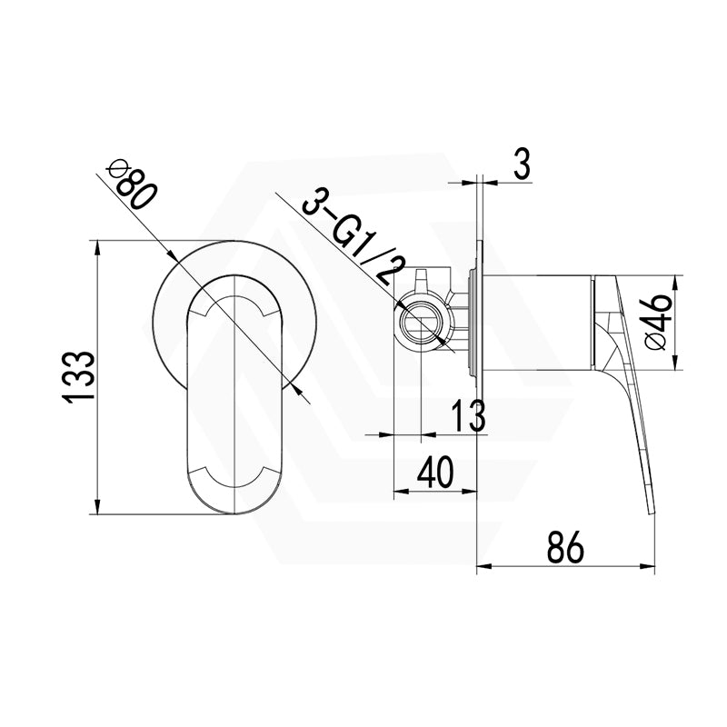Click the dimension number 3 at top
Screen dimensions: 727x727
(x=521, y=166)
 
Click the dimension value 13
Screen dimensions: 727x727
(x=469, y=418)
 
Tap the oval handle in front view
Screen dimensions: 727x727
(x=235, y=400)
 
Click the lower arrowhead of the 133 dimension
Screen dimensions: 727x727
(x=96, y=508)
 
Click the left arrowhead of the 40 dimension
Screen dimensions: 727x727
(x=397, y=493)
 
